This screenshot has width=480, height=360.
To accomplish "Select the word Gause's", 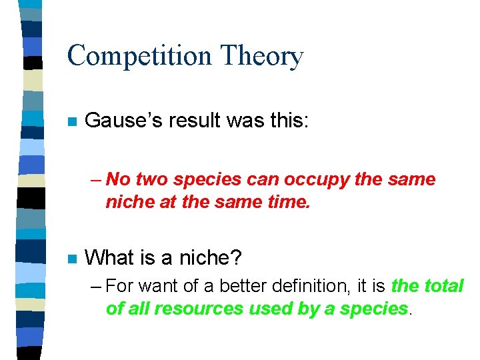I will click(x=125, y=121).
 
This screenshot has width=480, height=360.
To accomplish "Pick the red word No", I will click(x=118, y=179).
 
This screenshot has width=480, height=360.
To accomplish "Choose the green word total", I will click(x=444, y=287).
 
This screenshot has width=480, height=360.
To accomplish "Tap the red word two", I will click(x=152, y=179).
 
